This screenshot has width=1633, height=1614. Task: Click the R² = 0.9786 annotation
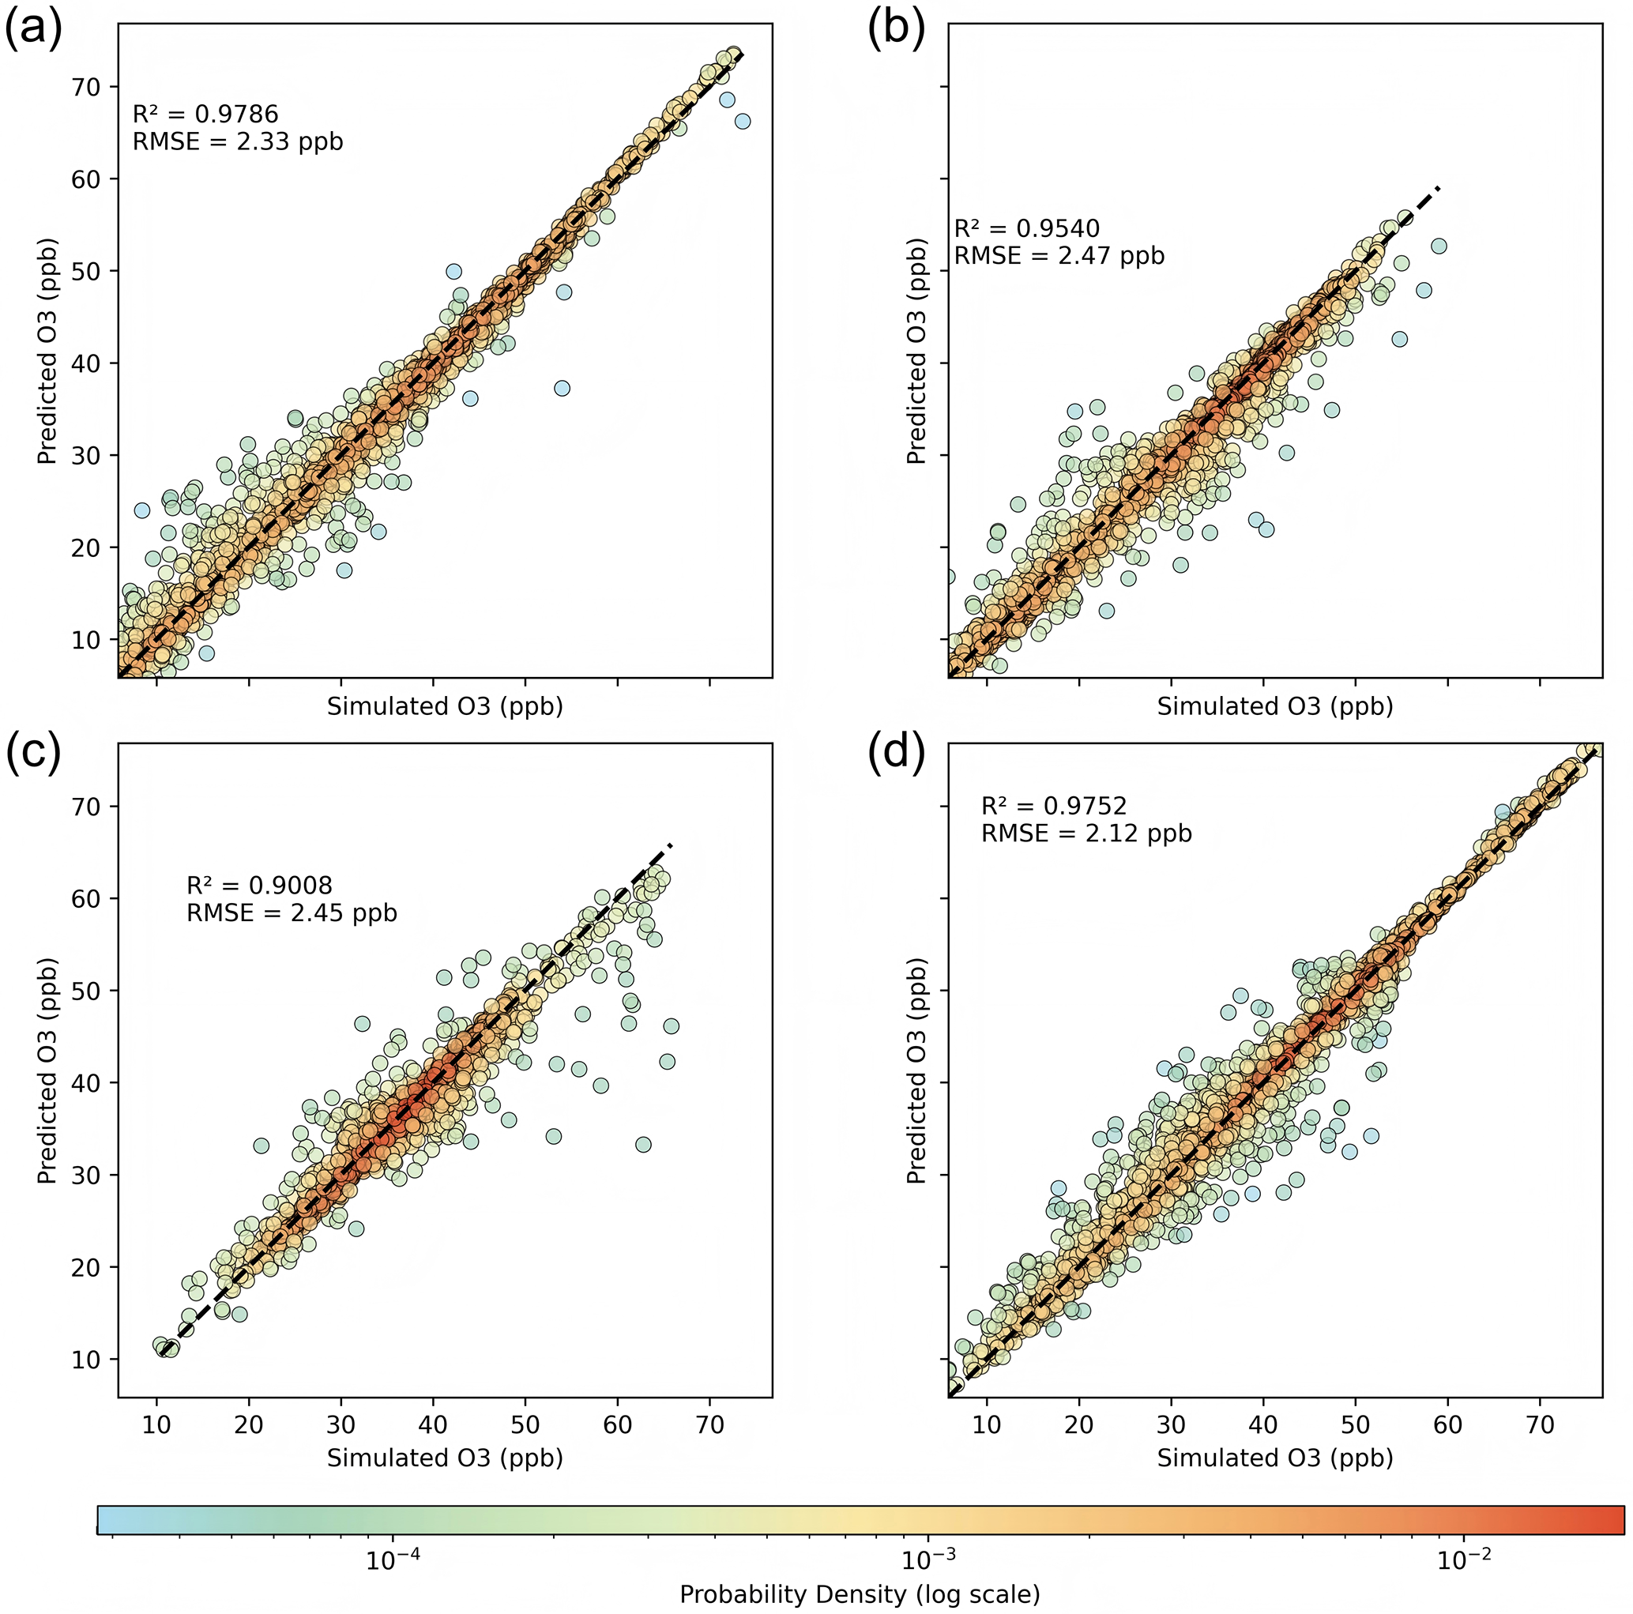pos(205,114)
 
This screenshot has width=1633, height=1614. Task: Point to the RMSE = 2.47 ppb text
pos(1059,255)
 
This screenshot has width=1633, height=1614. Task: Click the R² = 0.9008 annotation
pos(259,885)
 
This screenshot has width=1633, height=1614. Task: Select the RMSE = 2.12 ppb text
pos(1086,833)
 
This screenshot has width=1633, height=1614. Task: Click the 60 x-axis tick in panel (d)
pos(1448,1424)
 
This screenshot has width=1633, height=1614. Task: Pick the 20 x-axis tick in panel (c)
pos(249,1424)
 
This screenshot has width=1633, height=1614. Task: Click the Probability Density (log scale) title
pos(860,1594)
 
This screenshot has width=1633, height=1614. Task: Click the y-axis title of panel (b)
pos(917,351)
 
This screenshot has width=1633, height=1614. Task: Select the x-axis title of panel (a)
pos(445,706)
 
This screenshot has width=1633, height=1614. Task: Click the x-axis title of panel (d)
pos(1274,1458)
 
